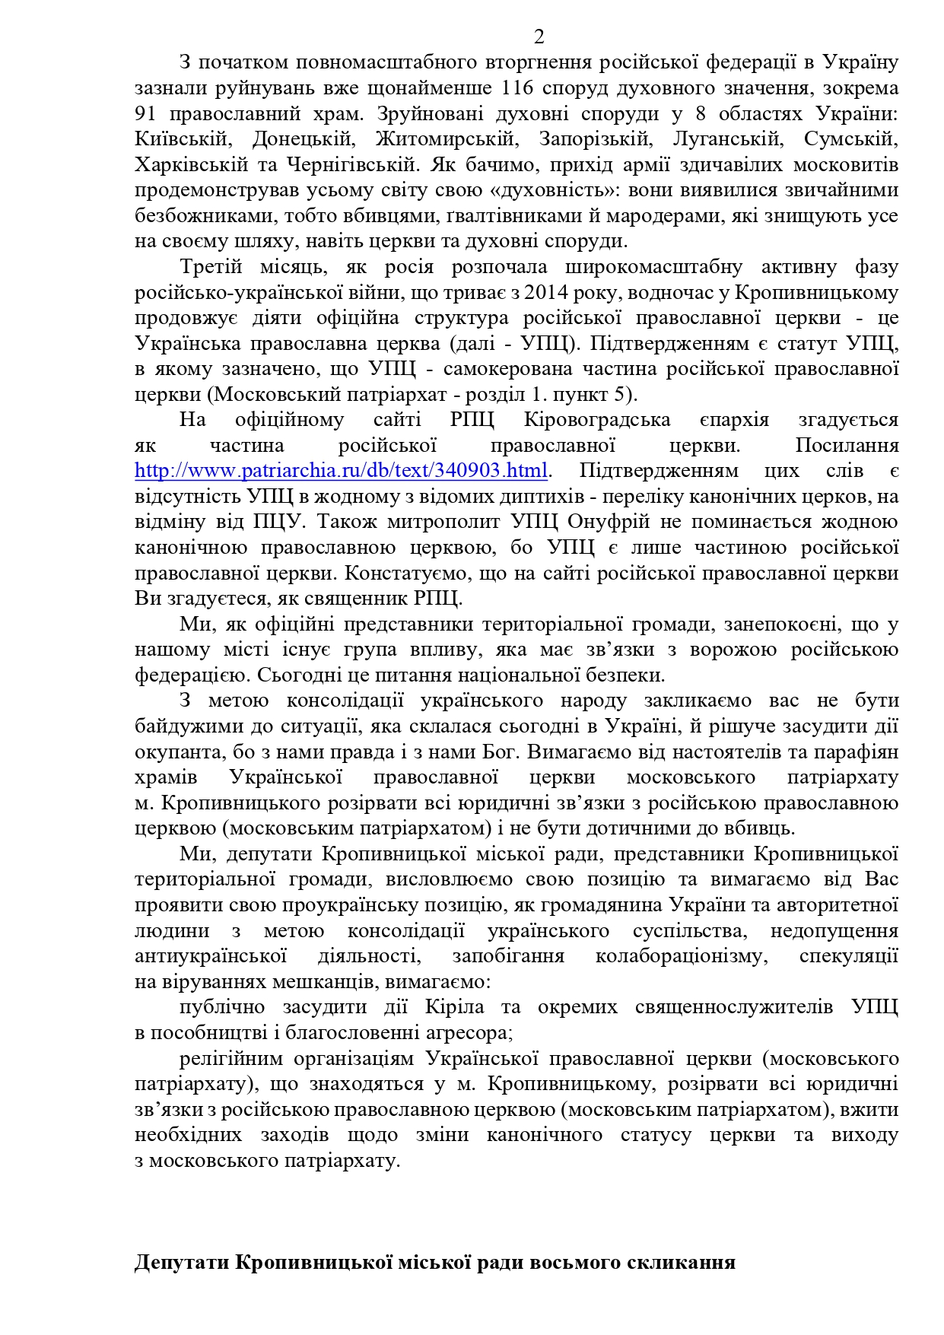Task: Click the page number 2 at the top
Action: (539, 37)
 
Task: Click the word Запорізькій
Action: (595, 139)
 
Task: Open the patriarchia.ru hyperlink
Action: (341, 471)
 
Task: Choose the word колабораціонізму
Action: (682, 956)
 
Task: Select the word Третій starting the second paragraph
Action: (211, 267)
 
